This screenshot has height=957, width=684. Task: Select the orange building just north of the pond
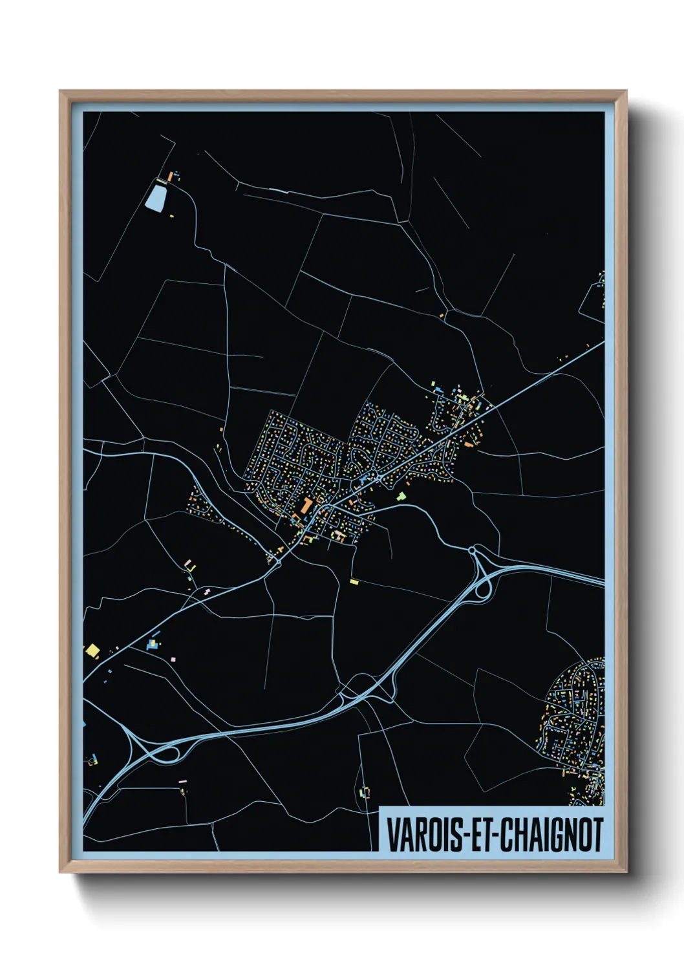(x=171, y=176)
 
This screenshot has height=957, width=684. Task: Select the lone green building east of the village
(x=401, y=497)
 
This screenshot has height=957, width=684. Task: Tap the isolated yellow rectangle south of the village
(x=354, y=582)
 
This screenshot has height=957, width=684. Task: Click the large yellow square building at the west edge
(x=92, y=650)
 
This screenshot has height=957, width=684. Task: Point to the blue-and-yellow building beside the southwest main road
(x=153, y=645)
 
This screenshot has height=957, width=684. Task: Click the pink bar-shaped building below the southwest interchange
(x=182, y=782)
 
